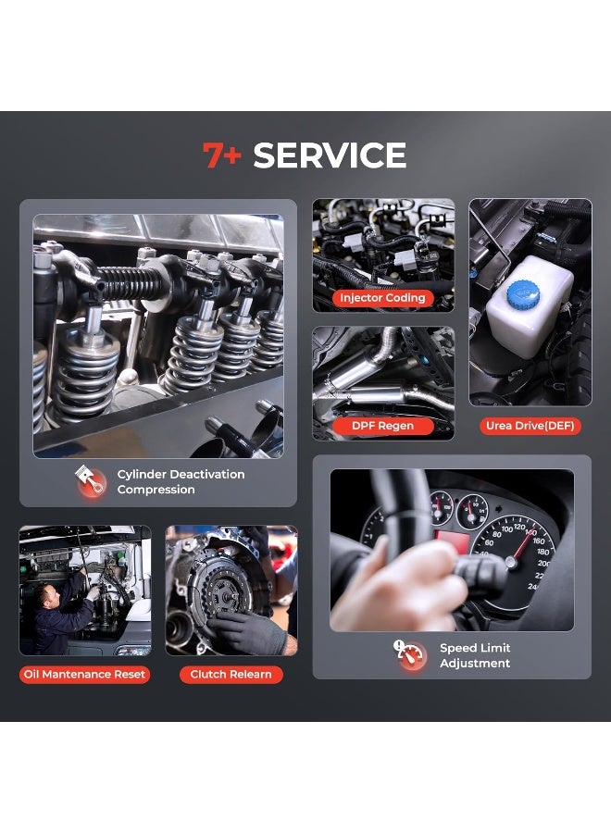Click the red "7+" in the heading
[221, 155]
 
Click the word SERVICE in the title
[330, 155]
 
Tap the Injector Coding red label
[382, 298]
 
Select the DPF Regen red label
[382, 426]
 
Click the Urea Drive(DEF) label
[530, 426]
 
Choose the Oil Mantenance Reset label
[84, 675]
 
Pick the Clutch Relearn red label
[231, 675]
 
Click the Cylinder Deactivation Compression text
[181, 481]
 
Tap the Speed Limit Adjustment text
[474, 655]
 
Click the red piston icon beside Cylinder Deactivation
[90, 481]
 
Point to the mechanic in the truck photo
[61, 611]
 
